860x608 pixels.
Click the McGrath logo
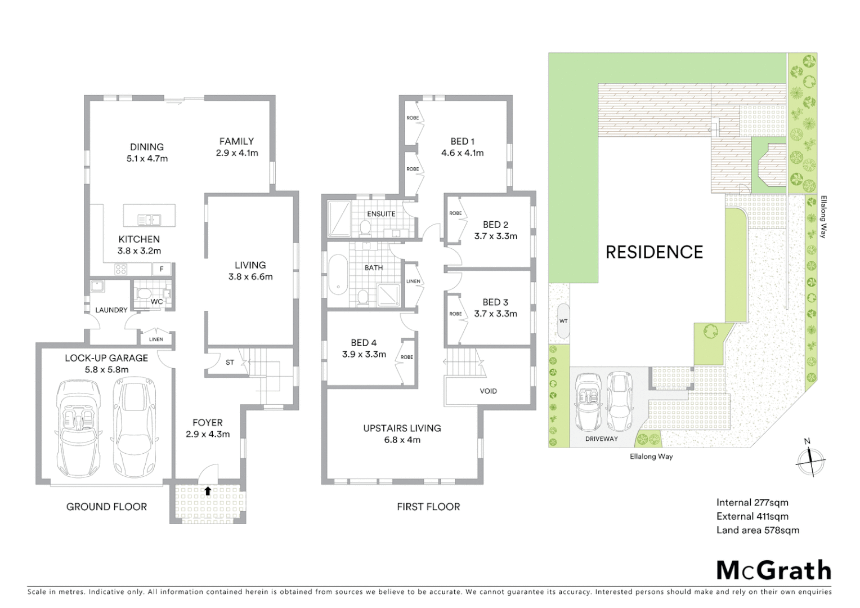coord(774,570)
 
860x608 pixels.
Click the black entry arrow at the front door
coord(208,491)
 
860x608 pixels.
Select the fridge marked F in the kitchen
coord(162,269)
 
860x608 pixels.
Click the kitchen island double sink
coord(149,220)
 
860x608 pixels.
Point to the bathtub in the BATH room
coord(338,274)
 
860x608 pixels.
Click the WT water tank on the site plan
coord(563,321)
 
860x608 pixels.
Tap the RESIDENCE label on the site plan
coord(654,252)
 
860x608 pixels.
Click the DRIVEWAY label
coord(601,439)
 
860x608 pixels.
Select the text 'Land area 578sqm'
coord(758,530)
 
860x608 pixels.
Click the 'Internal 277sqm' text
coord(752,503)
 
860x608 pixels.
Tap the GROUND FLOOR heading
coord(106,507)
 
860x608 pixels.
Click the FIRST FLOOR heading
coord(428,507)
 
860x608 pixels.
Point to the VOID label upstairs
coord(488,391)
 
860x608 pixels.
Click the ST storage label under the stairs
coord(230,363)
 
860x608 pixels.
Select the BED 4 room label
coord(364,342)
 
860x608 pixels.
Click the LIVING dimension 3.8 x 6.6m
coord(250,276)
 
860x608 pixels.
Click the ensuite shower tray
coord(339,219)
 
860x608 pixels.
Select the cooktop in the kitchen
coord(120,269)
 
